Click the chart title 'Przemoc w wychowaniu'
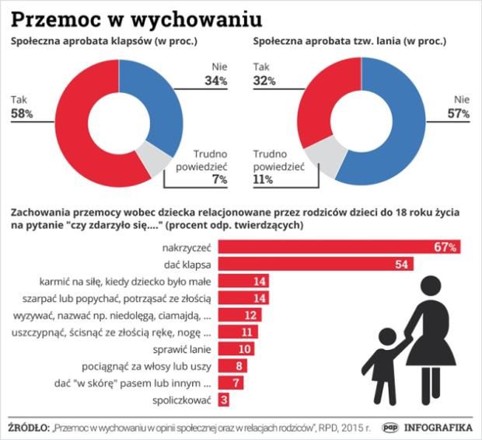coord(136,17)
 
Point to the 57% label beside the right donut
coord(458,114)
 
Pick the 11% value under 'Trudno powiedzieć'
coord(263,179)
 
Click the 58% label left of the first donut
coord(22,114)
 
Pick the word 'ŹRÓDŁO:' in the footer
coord(27,427)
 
